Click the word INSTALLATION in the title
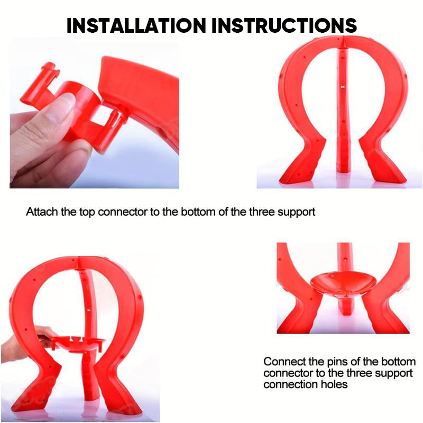136,25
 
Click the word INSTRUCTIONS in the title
284,25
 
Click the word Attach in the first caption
42,212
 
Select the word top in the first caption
87,213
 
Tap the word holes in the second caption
334,384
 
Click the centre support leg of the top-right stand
343,108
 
